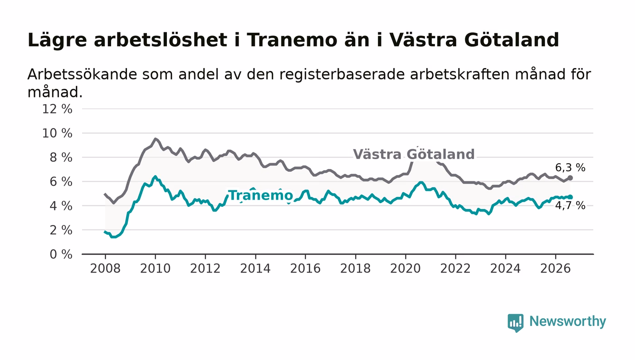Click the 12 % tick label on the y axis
pyautogui.click(x=57, y=109)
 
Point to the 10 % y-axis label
pyautogui.click(x=57, y=133)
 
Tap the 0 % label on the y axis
pyautogui.click(x=61, y=254)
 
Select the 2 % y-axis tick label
pyautogui.click(x=61, y=230)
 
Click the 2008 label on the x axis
pyautogui.click(x=105, y=268)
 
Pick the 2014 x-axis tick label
pyautogui.click(x=255, y=268)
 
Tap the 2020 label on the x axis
pyautogui.click(x=405, y=268)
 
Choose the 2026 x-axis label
pyautogui.click(x=555, y=268)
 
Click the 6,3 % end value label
pyautogui.click(x=570, y=167)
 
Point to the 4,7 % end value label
pyautogui.click(x=570, y=205)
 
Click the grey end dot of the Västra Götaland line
pyautogui.click(x=570, y=178)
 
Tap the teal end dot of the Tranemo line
pyautogui.click(x=570, y=197)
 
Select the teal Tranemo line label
pyautogui.click(x=260, y=195)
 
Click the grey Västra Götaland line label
pyautogui.click(x=414, y=154)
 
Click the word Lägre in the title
pyautogui.click(x=57, y=40)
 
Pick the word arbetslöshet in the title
pyautogui.click(x=161, y=40)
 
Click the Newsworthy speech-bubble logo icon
pyautogui.click(x=516, y=322)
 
